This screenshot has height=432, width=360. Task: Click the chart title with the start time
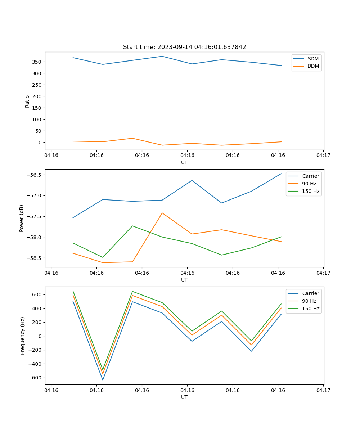pyautogui.click(x=184, y=47)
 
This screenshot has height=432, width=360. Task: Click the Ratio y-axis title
pyautogui.click(x=27, y=101)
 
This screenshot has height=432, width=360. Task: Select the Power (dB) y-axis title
pyautogui.click(x=22, y=218)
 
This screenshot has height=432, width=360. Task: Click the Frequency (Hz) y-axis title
pyautogui.click(x=23, y=336)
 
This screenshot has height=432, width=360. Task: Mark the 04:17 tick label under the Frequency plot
pyautogui.click(x=323, y=390)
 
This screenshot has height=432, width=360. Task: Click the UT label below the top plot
pyautogui.click(x=184, y=162)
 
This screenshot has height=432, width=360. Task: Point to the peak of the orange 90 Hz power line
pyautogui.click(x=162, y=213)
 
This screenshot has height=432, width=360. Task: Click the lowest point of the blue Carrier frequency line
pyautogui.click(x=103, y=380)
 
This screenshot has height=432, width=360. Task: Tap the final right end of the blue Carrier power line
pyautogui.click(x=281, y=174)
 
